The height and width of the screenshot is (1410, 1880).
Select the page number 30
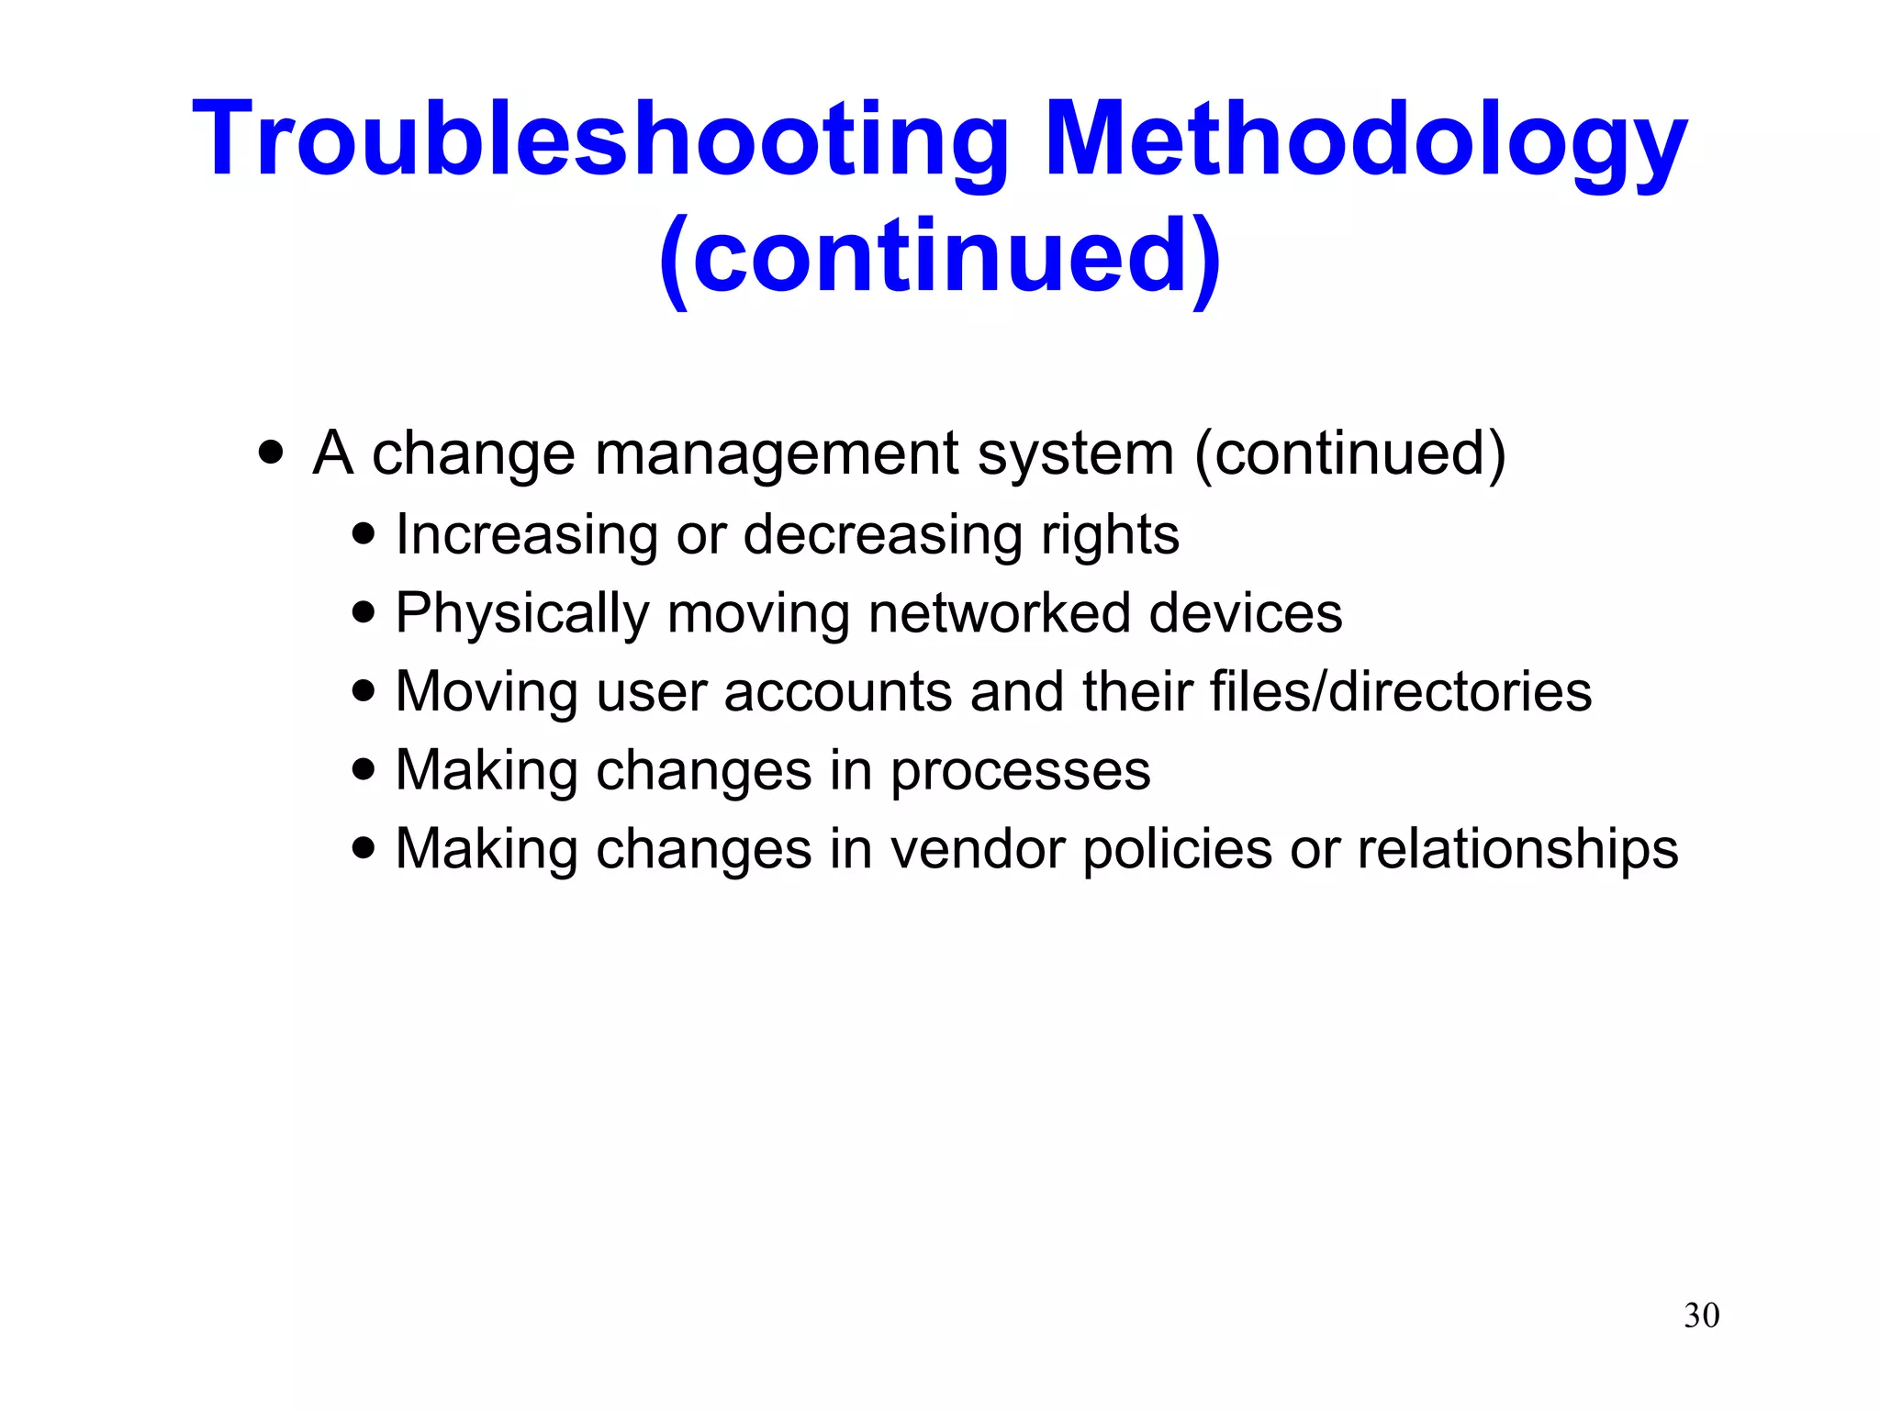pyautogui.click(x=1701, y=1315)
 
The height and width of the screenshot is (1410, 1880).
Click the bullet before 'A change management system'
pyautogui.click(x=271, y=453)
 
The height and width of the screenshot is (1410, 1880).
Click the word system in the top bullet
pyautogui.click(x=1075, y=454)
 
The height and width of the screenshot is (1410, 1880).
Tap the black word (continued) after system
pyautogui.click(x=1349, y=454)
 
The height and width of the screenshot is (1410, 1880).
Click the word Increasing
pyautogui.click(x=526, y=535)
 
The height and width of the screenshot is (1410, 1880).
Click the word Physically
pyautogui.click(x=521, y=613)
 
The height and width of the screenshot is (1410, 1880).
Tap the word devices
pyautogui.click(x=1245, y=613)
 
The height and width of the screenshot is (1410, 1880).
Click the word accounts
pyautogui.click(x=837, y=691)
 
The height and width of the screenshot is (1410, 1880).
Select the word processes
pyautogui.click(x=1020, y=771)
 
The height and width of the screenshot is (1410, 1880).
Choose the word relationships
pyautogui.click(x=1517, y=849)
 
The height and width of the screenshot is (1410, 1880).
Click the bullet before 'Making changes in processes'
pyautogui.click(x=364, y=769)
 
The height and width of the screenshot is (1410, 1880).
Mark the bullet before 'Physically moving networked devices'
pyautogui.click(x=364, y=611)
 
